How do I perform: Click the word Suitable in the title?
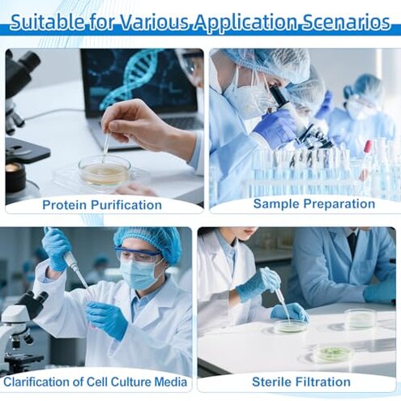click(50, 22)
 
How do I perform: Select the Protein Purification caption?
click(102, 205)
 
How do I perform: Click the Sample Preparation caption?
click(303, 203)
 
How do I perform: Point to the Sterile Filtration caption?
click(301, 382)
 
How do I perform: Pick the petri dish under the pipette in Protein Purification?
click(104, 170)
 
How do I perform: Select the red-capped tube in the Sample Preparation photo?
click(367, 147)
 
